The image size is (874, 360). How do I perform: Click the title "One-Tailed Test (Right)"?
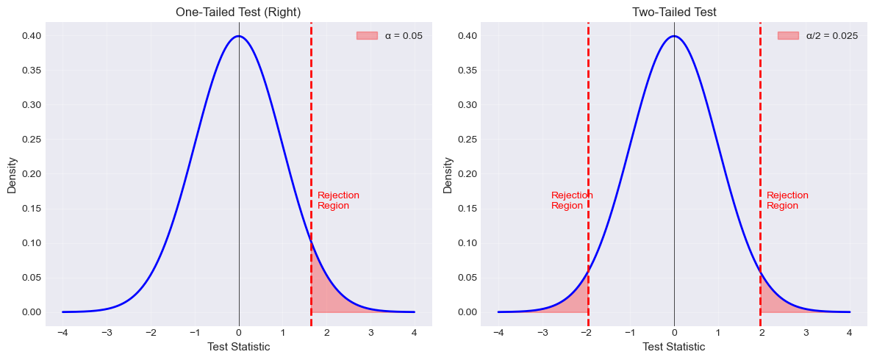click(238, 12)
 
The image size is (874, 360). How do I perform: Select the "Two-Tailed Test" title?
click(674, 12)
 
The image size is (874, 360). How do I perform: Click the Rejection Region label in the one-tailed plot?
click(338, 201)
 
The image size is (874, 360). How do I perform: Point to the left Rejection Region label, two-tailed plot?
click(571, 201)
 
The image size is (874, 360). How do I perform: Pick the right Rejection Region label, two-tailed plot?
click(787, 201)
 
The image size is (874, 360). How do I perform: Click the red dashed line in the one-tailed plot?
click(311, 147)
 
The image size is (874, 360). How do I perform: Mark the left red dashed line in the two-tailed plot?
click(588, 147)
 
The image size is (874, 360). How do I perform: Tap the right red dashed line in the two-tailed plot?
click(760, 147)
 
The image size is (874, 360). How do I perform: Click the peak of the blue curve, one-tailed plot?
click(239, 36)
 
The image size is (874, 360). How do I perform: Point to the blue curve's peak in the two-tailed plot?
click(674, 36)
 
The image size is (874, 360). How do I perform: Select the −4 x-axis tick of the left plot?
click(62, 333)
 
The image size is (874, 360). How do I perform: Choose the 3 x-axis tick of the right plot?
click(806, 333)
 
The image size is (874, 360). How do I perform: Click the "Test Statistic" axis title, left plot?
click(238, 347)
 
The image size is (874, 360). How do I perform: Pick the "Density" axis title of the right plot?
click(448, 174)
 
